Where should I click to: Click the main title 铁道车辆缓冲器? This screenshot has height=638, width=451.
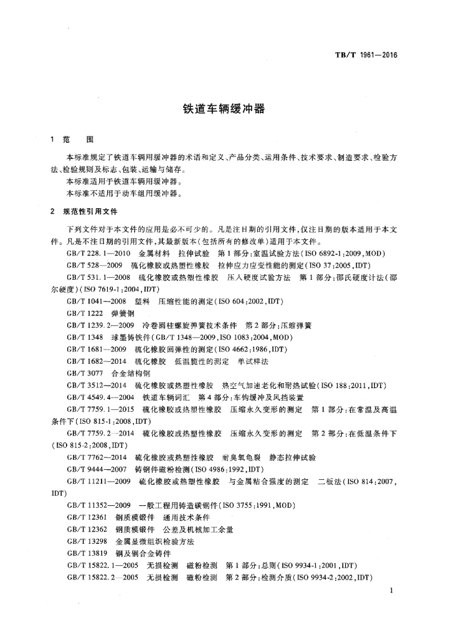point(224,108)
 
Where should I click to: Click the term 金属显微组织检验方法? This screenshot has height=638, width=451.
point(150,541)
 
